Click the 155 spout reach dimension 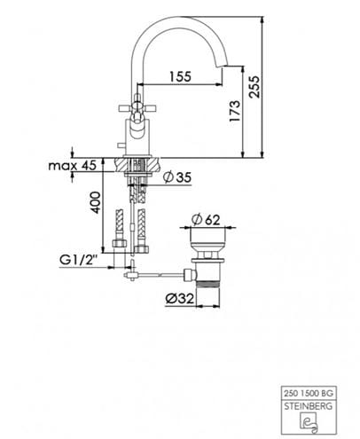(180, 76)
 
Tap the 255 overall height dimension (254, 87)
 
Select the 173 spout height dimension (235, 111)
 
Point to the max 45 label (73, 165)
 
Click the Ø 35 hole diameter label (177, 177)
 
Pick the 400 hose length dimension (96, 202)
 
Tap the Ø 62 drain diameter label (206, 220)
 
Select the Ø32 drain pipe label (179, 299)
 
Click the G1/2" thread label (79, 260)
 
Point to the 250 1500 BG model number (309, 394)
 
